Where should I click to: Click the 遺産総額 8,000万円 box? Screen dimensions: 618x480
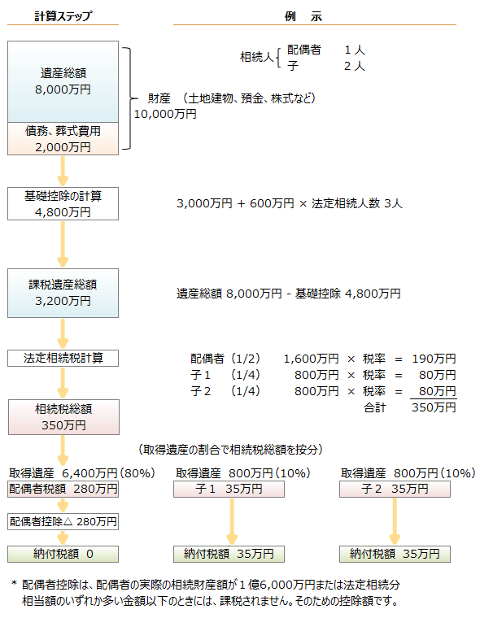63,80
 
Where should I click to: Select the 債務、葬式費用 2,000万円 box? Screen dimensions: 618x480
63,138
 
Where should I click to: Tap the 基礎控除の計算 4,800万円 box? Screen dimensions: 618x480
63,204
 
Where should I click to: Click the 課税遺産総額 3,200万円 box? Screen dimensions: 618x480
63,293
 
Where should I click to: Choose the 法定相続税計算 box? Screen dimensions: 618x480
63,358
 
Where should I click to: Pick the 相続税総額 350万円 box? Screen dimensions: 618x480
63,416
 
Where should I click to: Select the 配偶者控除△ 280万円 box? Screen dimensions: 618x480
63,521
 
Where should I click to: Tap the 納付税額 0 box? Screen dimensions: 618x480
63,554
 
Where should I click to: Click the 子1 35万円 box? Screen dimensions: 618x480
229,489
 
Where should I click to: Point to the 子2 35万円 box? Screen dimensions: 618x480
395,489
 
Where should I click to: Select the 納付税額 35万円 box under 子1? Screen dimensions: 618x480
229,554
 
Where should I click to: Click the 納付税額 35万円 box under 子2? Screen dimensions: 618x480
395,554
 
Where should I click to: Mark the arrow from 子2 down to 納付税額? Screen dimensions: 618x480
395,521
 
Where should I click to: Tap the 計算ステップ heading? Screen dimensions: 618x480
63,16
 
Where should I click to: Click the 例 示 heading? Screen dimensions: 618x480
314,16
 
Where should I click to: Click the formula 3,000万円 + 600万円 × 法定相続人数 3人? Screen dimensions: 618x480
290,203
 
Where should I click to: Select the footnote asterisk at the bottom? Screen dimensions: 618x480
14,584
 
